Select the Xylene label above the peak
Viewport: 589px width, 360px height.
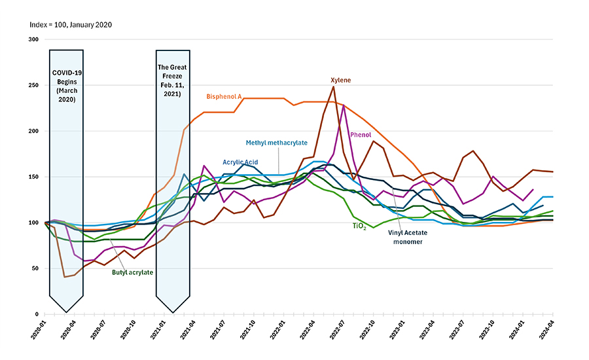(x=340, y=80)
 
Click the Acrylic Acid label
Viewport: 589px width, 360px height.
(x=240, y=162)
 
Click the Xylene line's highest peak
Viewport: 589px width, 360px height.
(x=333, y=86)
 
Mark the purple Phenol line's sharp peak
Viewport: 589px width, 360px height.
(x=344, y=105)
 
